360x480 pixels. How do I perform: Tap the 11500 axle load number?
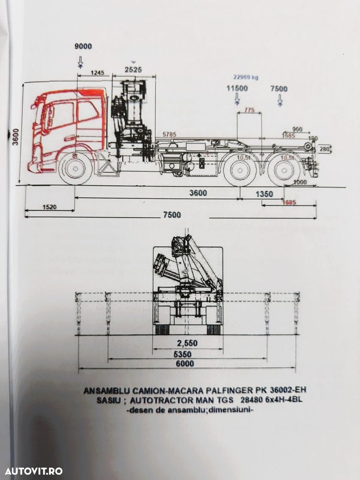237,88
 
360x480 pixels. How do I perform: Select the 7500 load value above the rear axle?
279,88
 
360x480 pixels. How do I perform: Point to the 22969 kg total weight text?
246,76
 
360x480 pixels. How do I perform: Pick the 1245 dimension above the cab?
97,72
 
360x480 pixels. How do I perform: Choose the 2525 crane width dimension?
133,70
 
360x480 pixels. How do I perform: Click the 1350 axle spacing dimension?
264,194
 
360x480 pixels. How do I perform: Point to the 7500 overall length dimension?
172,215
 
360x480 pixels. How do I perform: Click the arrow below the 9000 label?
80,60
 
